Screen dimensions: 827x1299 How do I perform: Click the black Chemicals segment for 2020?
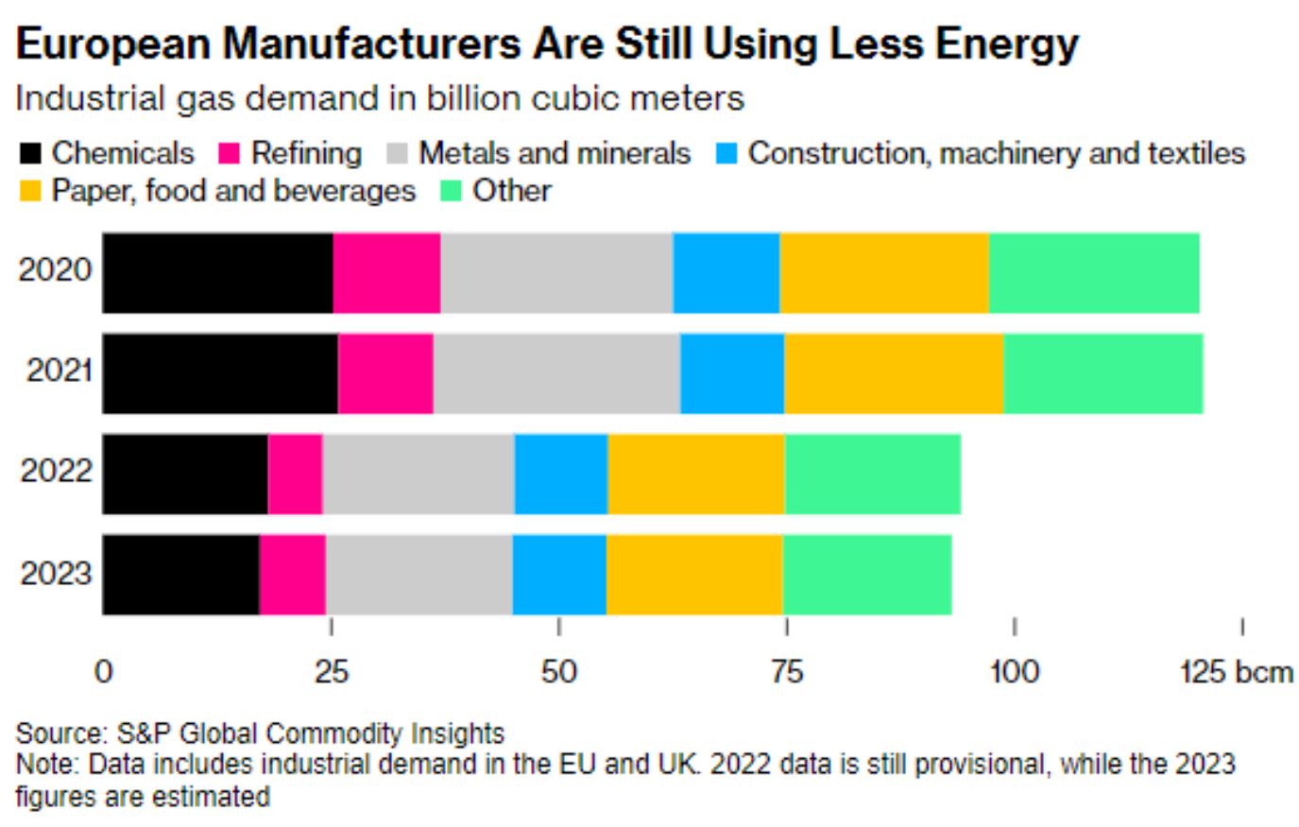[217, 272]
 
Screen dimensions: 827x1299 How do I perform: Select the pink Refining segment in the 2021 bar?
[385, 373]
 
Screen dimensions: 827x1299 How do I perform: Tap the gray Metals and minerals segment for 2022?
[419, 474]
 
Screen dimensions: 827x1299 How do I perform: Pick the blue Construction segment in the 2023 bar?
[559, 575]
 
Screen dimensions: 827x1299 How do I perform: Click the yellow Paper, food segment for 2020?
[884, 272]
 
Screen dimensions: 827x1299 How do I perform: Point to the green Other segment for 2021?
[1103, 373]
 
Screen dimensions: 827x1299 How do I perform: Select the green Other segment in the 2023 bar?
[867, 575]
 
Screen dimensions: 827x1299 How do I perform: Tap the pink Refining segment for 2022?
[296, 474]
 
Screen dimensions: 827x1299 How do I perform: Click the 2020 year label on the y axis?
[56, 270]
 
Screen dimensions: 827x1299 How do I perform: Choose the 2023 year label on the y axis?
[56, 573]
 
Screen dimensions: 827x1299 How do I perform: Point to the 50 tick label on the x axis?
[558, 672]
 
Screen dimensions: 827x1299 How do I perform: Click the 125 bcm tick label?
[1237, 672]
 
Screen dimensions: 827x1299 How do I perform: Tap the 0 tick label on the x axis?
[104, 672]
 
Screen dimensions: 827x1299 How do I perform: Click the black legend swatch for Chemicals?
[30, 154]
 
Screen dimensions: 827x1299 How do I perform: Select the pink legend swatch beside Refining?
[230, 154]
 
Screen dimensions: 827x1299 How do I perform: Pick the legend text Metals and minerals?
[555, 153]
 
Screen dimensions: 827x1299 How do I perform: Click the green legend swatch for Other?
[452, 192]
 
